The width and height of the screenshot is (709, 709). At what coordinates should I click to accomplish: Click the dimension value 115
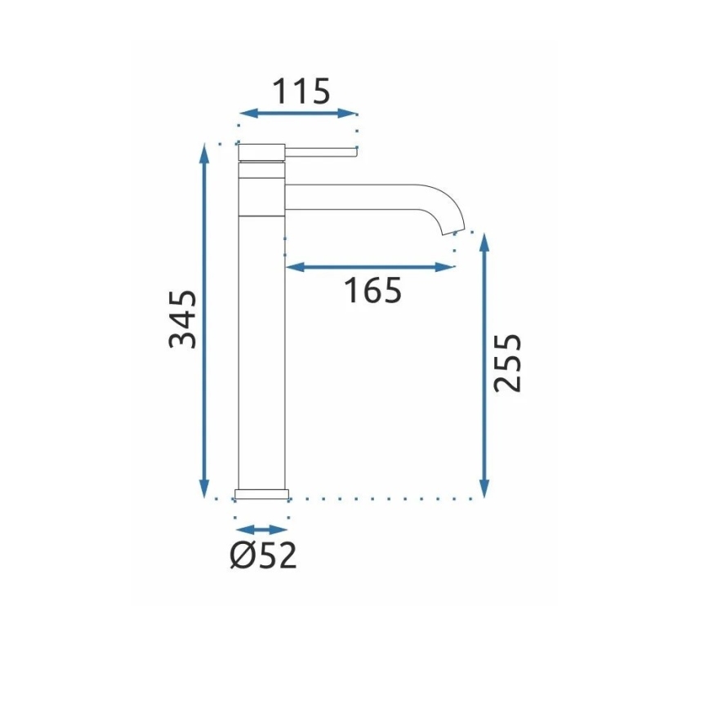pos(301,91)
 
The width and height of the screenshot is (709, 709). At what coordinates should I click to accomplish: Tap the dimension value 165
pos(372,290)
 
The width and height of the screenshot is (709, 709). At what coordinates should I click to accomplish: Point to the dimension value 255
pos(507,363)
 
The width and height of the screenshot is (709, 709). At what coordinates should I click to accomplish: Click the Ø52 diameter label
pos(263,555)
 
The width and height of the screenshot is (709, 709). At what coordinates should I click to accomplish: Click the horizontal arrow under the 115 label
pos(297,114)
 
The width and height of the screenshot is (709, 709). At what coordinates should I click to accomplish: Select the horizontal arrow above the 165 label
pos(368,266)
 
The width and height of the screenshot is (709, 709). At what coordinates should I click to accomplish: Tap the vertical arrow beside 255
pos(485,365)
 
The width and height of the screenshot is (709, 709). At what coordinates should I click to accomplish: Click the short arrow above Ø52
pos(262,529)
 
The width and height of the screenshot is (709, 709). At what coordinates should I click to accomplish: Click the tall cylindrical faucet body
pos(261,343)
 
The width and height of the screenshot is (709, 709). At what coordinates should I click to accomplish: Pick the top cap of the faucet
pos(261,150)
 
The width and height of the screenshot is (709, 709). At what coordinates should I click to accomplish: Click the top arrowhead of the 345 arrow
pos(204,152)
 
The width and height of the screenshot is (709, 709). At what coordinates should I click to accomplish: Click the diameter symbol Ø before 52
pos(240,555)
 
